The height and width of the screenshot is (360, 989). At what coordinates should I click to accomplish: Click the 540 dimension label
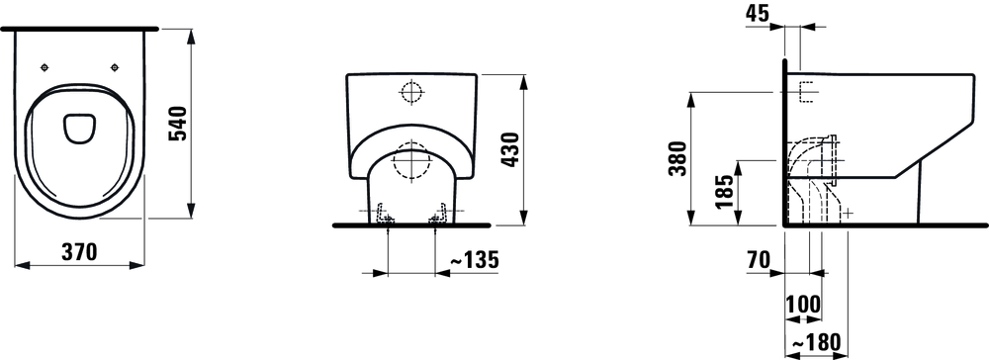pos(180,124)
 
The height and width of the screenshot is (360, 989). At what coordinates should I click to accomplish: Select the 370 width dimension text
pos(79,252)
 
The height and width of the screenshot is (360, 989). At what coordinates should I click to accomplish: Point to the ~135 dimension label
pos(473,258)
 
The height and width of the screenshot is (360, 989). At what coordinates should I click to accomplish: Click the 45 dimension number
pos(757,13)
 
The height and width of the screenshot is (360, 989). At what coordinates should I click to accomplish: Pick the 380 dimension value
pos(678,159)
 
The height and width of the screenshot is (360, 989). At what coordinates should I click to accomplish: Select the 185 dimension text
pos(726,192)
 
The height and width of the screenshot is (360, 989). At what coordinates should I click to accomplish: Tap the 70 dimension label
pos(757,258)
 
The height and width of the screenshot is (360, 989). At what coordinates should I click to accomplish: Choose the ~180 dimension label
pos(816,342)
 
